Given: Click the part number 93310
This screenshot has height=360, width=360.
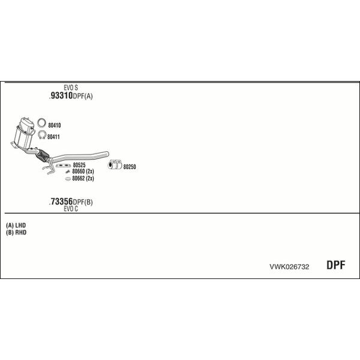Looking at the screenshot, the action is [62, 95].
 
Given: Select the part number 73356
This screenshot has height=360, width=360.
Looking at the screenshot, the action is [62, 202].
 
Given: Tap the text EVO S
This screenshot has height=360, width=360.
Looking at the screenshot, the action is [71, 88].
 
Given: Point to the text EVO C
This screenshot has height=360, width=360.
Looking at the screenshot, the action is [71, 209].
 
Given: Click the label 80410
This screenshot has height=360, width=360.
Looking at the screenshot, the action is [55, 125].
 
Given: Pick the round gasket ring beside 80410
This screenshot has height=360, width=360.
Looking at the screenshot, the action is [41, 122].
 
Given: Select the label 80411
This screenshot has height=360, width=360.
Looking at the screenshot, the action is [53, 137].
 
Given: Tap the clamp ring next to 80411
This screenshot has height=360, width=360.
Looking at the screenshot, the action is [42, 134].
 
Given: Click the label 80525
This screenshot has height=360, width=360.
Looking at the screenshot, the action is [79, 165].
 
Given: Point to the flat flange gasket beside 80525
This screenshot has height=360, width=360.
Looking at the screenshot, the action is [63, 166].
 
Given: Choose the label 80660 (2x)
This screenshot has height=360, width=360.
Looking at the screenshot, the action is [83, 172].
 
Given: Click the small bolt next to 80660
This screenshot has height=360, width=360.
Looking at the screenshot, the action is [67, 172].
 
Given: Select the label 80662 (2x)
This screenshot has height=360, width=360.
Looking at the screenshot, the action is [83, 178].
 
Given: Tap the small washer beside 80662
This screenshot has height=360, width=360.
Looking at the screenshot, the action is [68, 179].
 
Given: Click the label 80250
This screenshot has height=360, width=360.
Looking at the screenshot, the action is [130, 167].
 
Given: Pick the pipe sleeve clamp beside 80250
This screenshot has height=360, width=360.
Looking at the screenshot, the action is [115, 164].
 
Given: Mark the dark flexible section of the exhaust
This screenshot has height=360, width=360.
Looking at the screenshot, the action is [43, 155].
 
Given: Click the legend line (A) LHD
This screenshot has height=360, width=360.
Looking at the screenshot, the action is [16, 225].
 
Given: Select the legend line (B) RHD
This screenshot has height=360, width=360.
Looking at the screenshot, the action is [16, 232].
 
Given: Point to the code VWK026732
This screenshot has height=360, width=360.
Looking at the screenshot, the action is [289, 267].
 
